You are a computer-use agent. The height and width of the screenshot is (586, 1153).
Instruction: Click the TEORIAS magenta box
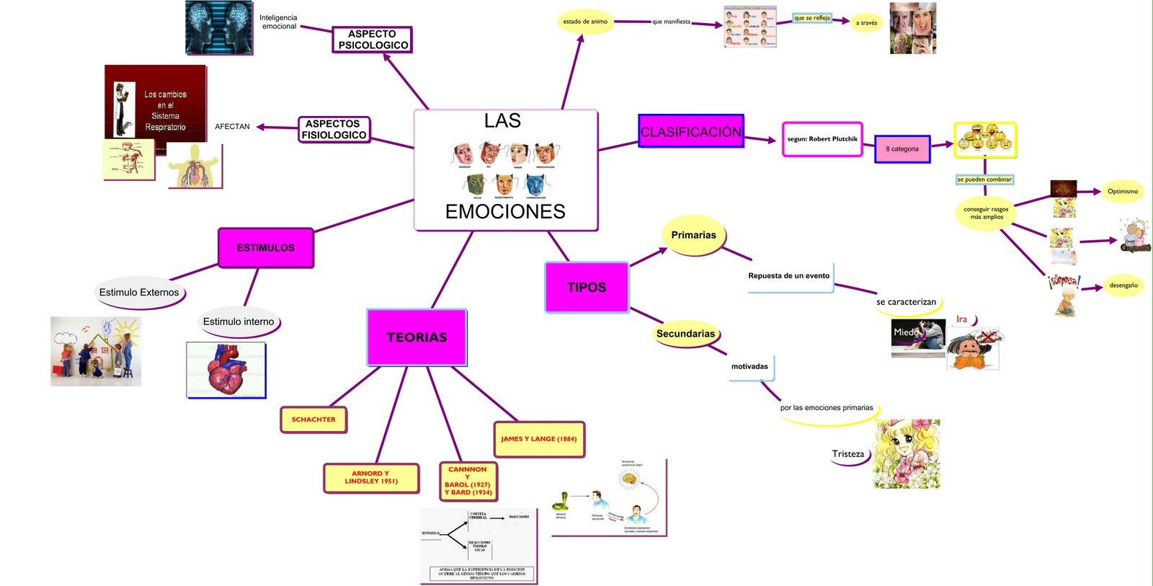(417, 337)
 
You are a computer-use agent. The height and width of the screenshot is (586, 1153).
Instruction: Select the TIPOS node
(587, 288)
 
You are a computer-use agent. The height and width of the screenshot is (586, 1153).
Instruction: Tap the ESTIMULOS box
(266, 248)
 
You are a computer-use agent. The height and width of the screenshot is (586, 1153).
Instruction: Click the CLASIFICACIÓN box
(691, 131)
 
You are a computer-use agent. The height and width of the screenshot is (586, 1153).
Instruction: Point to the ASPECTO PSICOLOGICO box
(373, 40)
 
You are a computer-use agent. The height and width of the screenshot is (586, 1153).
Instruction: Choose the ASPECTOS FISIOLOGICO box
(334, 130)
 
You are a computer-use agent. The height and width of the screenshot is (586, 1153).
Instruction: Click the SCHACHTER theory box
(313, 419)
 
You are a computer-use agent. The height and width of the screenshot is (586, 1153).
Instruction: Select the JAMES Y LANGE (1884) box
(539, 439)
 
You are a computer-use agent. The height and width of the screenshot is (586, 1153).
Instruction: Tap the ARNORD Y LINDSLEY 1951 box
(371, 478)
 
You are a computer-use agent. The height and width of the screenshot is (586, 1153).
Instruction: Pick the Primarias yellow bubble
(693, 235)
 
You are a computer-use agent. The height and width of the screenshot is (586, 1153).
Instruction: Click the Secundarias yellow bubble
(685, 334)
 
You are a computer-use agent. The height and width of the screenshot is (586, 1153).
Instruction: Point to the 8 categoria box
(902, 149)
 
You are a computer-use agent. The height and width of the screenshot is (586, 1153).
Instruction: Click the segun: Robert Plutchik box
(822, 139)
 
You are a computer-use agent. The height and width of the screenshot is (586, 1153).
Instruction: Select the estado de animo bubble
(585, 22)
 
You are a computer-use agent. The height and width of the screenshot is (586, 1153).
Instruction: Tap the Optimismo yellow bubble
(1122, 192)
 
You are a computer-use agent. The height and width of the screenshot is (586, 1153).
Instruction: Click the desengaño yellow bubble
(1123, 285)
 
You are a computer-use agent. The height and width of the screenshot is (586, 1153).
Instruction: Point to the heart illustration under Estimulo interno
(226, 370)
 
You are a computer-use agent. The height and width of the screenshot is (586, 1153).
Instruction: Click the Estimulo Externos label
(139, 293)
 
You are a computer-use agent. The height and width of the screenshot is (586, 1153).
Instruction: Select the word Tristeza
(848, 454)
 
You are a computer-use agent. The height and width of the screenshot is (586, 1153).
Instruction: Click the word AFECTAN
(232, 127)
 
